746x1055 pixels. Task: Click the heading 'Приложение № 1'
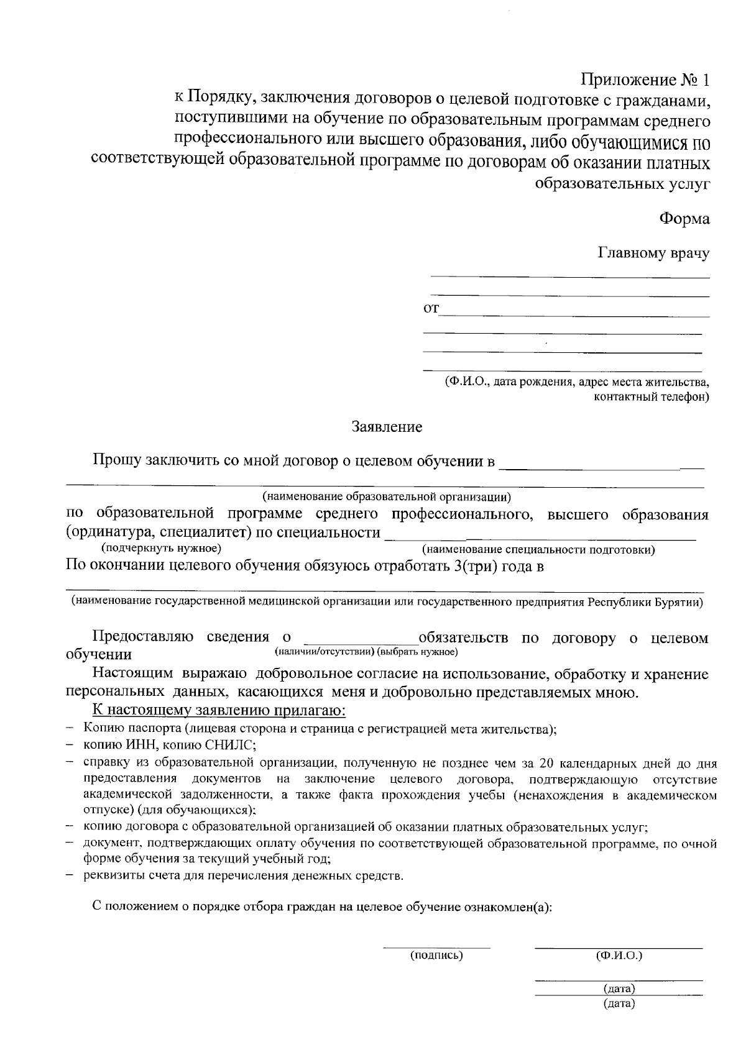click(x=645, y=80)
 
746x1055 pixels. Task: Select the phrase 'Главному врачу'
click(x=653, y=253)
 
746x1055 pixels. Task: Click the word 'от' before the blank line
click(x=431, y=308)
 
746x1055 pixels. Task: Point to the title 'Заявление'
click(x=387, y=427)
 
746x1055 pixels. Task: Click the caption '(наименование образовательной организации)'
click(x=386, y=496)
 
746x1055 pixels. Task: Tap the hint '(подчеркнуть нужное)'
click(x=161, y=549)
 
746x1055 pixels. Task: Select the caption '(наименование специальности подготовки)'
click(x=538, y=550)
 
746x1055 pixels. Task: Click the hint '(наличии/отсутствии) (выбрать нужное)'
click(x=366, y=651)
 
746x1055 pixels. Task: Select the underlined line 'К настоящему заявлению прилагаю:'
click(x=218, y=711)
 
